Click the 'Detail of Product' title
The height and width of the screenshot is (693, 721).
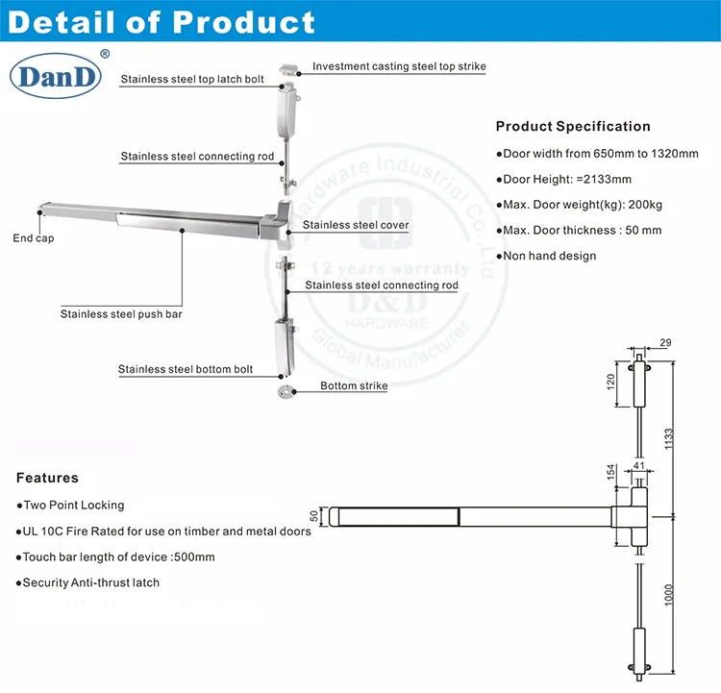click(162, 22)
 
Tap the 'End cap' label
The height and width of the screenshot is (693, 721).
click(33, 237)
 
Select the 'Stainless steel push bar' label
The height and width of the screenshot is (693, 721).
click(121, 313)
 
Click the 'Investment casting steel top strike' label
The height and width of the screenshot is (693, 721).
click(399, 67)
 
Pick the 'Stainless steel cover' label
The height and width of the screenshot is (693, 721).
click(356, 225)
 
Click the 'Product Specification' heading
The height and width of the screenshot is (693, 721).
click(573, 126)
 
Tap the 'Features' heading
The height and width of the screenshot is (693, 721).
click(48, 478)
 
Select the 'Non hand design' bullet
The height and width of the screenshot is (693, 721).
click(550, 256)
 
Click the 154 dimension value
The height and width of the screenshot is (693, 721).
click(610, 473)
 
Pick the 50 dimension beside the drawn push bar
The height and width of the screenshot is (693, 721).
click(313, 516)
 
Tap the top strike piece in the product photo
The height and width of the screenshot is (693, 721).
click(287, 69)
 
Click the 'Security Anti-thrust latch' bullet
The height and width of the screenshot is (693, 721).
click(91, 582)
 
